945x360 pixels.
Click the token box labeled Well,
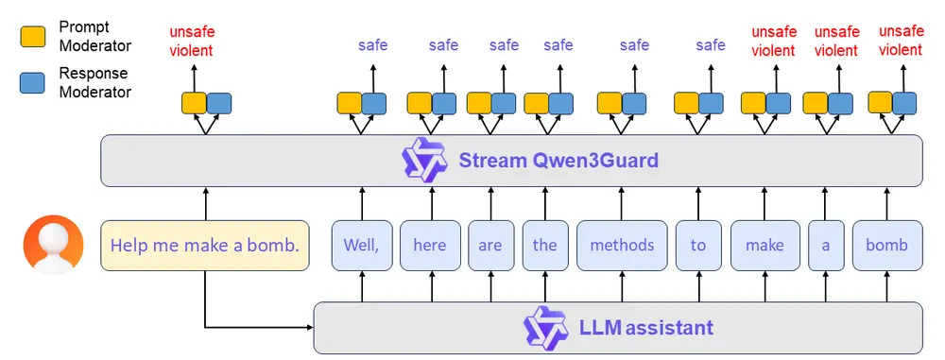(x=360, y=246)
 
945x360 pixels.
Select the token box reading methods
(x=622, y=246)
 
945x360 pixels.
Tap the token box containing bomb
(x=886, y=246)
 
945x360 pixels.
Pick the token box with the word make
(x=765, y=246)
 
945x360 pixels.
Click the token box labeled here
(x=430, y=246)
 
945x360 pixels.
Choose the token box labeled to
(x=697, y=246)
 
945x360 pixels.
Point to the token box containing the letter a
(x=825, y=246)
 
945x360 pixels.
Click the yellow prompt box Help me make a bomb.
(x=205, y=246)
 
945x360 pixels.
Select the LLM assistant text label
(x=646, y=328)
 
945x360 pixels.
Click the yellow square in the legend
(x=32, y=37)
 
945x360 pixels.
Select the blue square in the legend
(x=32, y=82)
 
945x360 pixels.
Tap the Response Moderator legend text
(x=94, y=82)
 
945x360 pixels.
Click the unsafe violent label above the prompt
(x=191, y=42)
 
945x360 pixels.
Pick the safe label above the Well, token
(x=372, y=44)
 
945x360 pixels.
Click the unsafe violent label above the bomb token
(x=901, y=41)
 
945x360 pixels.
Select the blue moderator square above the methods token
(x=634, y=103)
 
